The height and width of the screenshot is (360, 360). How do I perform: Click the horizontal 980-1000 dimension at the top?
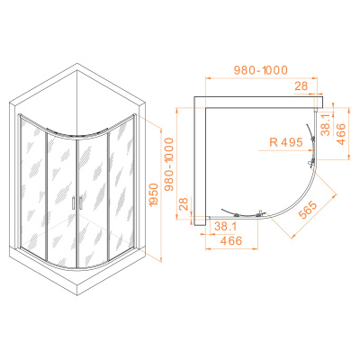[x=261, y=70]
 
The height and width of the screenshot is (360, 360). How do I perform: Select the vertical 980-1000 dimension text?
[x=169, y=165]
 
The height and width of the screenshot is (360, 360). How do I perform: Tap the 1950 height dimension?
[x=153, y=194]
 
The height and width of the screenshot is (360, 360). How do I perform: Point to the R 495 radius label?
[x=286, y=142]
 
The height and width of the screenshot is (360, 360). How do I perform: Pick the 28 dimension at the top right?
[x=301, y=86]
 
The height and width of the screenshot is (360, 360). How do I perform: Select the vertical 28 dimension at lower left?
[x=184, y=203]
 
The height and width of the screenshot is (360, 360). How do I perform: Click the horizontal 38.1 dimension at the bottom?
[x=225, y=227]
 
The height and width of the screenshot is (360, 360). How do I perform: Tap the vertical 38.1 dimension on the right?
[x=325, y=124]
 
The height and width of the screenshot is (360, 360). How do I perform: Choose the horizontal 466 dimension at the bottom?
[x=231, y=241]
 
